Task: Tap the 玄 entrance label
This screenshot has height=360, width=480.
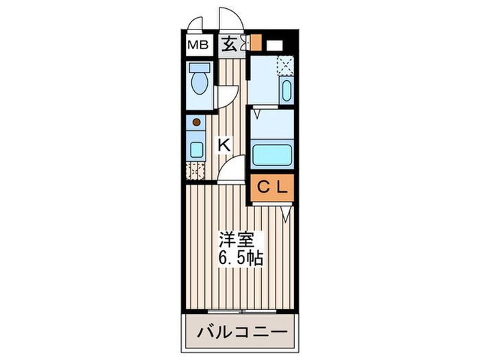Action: (229, 45)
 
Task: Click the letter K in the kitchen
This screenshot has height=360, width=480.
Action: (224, 145)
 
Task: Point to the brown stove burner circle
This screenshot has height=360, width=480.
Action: (197, 123)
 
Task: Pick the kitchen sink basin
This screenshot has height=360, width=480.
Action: (196, 150)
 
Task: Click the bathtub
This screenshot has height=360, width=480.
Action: (273, 154)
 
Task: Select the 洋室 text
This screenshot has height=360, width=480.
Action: (237, 241)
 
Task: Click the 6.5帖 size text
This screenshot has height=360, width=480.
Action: (240, 260)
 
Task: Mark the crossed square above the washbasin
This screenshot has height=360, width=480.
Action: (285, 66)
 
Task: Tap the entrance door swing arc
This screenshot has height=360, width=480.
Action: (228, 17)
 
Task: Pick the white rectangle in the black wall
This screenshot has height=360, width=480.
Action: (275, 46)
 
